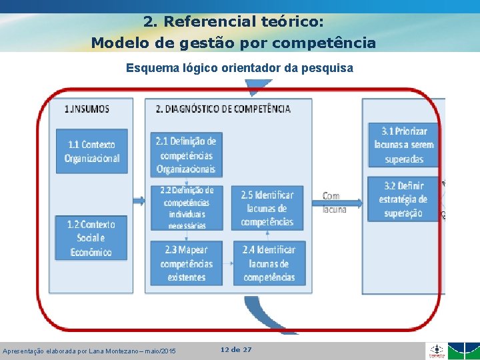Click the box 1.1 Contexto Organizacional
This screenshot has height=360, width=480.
pos(92,151)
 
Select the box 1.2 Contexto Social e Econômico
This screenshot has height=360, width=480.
pos(92,238)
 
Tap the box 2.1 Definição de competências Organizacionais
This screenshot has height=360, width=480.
pos(186,155)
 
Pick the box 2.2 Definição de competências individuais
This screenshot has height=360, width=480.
pos(187,207)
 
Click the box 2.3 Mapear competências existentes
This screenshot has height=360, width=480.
pos(187,263)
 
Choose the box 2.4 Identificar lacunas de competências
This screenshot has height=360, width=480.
pos(269,263)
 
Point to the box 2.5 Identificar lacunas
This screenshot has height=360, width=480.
pos(267,208)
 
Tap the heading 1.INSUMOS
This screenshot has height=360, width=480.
pos(87,108)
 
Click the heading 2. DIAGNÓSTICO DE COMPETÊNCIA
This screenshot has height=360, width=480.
pos(223,108)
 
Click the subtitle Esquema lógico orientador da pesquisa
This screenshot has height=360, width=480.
pos(239,67)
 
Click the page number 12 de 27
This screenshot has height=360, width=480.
pos(236,349)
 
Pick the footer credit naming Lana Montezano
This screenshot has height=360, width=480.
pos(89,351)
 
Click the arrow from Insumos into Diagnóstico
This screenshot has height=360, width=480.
pos(140,201)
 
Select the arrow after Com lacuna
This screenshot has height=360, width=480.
pos(354,202)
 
